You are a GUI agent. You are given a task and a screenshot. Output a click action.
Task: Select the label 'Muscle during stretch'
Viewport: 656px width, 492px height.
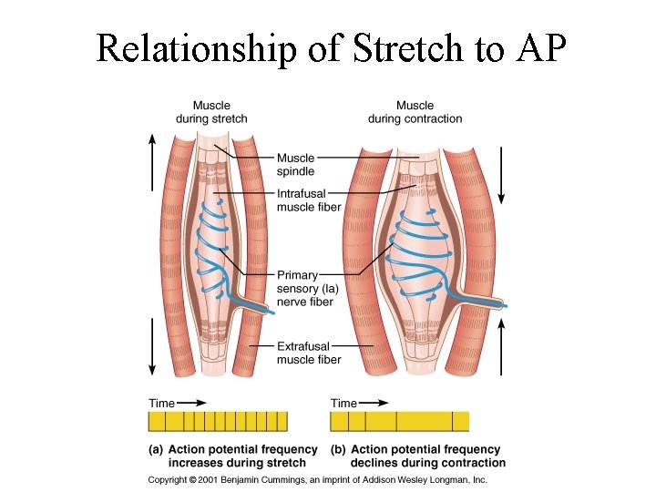211,112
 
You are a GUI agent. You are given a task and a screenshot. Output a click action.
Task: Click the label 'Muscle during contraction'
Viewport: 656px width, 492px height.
415,112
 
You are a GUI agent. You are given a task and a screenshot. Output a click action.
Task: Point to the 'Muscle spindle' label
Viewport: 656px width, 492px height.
296,164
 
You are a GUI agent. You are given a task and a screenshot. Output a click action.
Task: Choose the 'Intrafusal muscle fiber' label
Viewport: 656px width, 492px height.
310,200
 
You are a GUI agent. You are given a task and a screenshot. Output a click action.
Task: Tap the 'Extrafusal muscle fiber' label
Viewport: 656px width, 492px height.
309,353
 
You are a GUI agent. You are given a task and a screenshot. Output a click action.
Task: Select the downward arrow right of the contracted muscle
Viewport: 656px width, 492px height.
502,173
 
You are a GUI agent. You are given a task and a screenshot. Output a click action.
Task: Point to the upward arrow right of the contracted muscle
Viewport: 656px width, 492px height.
502,342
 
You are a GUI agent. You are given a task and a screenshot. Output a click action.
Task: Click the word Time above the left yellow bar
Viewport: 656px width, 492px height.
161,403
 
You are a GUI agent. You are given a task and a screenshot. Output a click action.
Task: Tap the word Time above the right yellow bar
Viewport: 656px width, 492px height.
343,403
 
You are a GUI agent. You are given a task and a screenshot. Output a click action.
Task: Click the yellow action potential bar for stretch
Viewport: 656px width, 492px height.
218,421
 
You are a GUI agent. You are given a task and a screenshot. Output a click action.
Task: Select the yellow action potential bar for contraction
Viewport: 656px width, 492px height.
399,421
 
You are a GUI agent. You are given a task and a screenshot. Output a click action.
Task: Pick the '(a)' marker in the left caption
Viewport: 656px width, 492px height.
156,449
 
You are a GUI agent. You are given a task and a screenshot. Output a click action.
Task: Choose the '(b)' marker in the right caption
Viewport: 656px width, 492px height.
338,449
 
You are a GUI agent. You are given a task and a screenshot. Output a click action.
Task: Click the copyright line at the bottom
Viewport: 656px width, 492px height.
319,479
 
